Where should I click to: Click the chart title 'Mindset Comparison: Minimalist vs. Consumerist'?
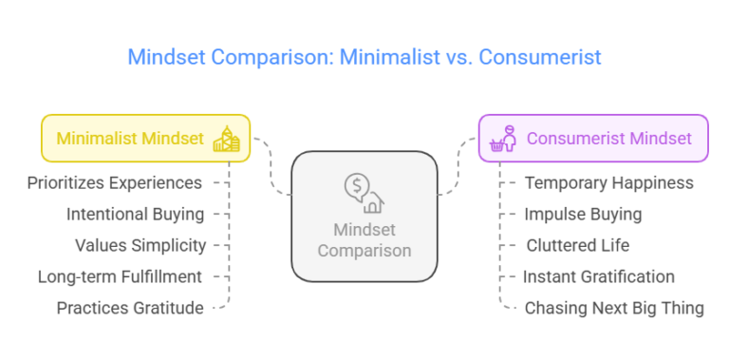pos(364,57)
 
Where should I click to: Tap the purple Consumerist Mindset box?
pos(593,139)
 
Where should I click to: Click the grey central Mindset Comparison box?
pos(364,217)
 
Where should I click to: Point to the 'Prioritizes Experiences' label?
pos(115,182)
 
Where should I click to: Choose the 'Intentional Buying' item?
pos(135,214)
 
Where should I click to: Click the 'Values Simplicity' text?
pos(140,245)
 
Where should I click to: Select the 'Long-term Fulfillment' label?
pos(120,276)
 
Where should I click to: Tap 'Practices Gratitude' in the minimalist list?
pos(129,308)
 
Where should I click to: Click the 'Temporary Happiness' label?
pos(609,182)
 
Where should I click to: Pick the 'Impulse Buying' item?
pos(583,214)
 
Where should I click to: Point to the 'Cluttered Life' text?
pos(578,245)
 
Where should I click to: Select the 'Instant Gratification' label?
pos(599,276)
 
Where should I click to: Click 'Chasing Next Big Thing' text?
pos(614,308)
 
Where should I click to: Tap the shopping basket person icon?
pos(502,139)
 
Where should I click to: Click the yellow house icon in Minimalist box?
pos(227,140)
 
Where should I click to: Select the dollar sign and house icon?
pos(364,193)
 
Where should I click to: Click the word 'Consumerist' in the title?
pos(539,57)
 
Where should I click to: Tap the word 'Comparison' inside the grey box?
pos(364,251)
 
